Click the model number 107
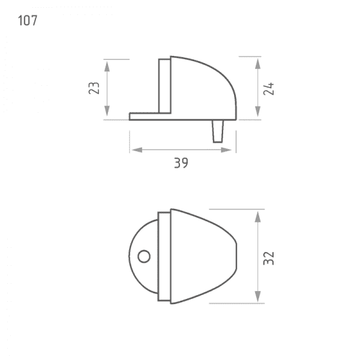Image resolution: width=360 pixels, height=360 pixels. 28,20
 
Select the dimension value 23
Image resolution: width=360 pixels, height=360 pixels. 94,88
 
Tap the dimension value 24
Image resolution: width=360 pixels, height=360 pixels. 268,89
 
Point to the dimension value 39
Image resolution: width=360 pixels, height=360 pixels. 181,163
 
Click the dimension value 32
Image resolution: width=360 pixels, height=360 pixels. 268,258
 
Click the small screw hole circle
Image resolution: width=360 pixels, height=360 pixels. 144,256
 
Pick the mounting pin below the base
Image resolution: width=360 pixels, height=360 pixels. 218,131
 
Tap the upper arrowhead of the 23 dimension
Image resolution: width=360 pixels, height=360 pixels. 107,67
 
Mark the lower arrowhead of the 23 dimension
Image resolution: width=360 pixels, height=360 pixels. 107,111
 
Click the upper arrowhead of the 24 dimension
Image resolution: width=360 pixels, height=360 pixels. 258,64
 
